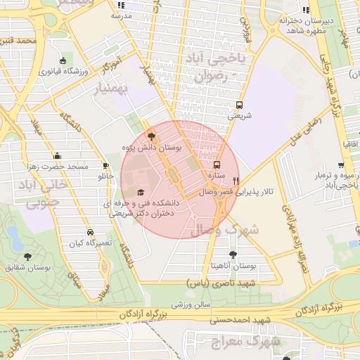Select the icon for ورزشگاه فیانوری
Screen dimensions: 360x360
(x=63, y=61)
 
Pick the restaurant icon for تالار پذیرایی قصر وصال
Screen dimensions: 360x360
(x=236, y=180)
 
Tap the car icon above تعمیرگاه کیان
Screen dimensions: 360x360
(x=90, y=232)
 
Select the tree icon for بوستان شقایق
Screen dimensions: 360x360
(x=27, y=257)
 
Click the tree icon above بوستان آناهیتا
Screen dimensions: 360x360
(x=233, y=256)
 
